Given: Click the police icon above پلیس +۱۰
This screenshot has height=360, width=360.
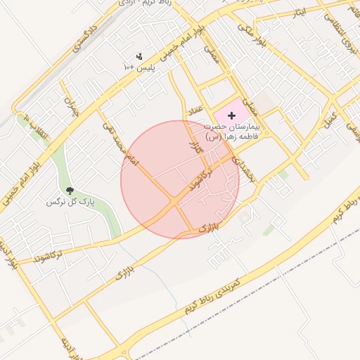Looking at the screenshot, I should (x=139, y=56).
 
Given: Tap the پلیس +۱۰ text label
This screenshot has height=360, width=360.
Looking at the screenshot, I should (x=138, y=67).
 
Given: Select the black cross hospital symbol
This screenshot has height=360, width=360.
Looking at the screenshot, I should (x=232, y=115).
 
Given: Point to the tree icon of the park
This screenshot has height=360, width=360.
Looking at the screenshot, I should (x=69, y=191).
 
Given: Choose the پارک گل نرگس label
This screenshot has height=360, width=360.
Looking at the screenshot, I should (x=70, y=202).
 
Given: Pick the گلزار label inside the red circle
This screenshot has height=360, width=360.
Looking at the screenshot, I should (x=195, y=147).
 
